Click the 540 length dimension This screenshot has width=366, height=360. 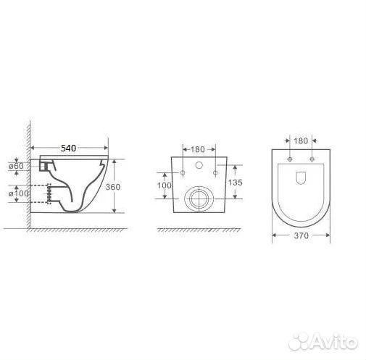click(x=68, y=148)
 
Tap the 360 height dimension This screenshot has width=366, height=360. click(x=113, y=187)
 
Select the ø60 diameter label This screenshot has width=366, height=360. click(x=16, y=166)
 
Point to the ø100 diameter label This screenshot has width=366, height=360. click(x=19, y=193)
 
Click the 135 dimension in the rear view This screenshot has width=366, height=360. click(x=236, y=183)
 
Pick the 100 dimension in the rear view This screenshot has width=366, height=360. click(x=165, y=185)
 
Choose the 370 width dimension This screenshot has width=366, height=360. click(x=301, y=235)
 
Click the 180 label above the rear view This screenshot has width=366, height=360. click(x=198, y=149)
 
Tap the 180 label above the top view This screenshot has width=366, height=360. click(x=301, y=141)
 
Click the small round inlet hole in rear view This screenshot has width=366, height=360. click(x=199, y=165)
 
